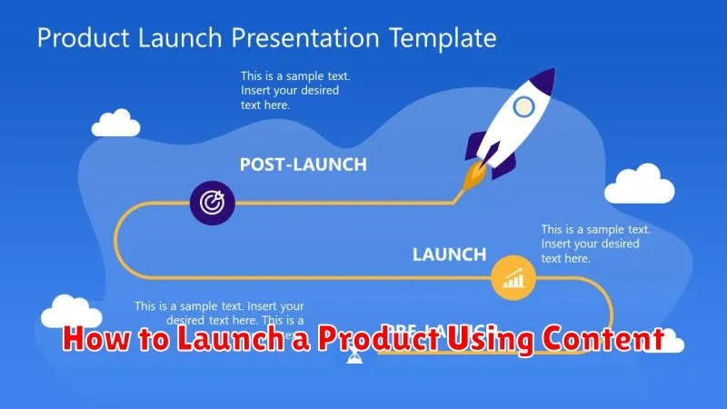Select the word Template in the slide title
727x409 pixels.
446,38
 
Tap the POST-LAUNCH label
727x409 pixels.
303,165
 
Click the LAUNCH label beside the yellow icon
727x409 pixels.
449,254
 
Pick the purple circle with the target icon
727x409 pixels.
213,202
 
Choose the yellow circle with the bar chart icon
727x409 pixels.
513,278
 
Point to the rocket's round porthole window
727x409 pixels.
523,107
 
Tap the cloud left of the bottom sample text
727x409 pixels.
71,312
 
